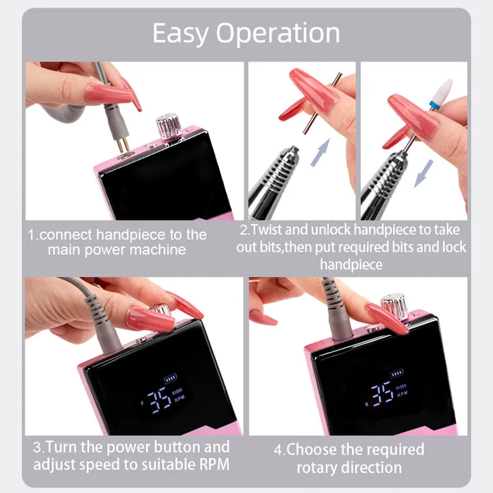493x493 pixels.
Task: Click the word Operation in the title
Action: click(278, 34)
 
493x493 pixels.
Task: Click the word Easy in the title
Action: click(181, 34)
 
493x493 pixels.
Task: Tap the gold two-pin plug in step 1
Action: click(123, 144)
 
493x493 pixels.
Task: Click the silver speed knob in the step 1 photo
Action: click(169, 126)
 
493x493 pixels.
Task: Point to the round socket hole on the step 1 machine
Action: click(126, 155)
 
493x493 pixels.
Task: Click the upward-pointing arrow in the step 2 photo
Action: click(320, 153)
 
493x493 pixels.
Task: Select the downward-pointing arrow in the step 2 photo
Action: click(424, 173)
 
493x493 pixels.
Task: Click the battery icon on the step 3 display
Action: click(170, 378)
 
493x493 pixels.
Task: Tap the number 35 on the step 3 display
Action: click(160, 400)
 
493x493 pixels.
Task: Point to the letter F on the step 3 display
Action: click(142, 403)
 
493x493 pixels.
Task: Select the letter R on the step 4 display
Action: click(366, 405)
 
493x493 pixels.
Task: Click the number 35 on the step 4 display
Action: click(382, 394)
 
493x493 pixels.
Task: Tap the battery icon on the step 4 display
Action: click(396, 373)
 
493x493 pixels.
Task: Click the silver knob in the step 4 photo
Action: click(394, 305)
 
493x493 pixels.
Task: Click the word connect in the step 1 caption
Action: click(66, 235)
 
